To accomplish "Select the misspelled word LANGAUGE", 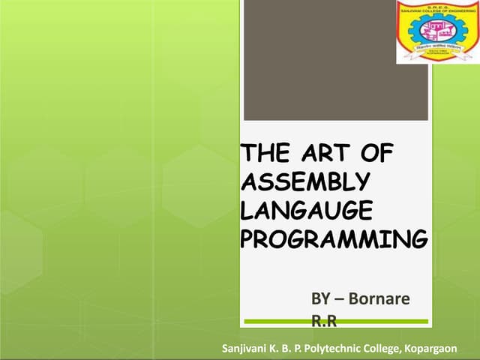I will click(x=308, y=211).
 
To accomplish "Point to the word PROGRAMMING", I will click(x=334, y=238).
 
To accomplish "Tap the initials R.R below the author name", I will click(x=324, y=320).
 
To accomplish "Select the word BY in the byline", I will click(x=322, y=299).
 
